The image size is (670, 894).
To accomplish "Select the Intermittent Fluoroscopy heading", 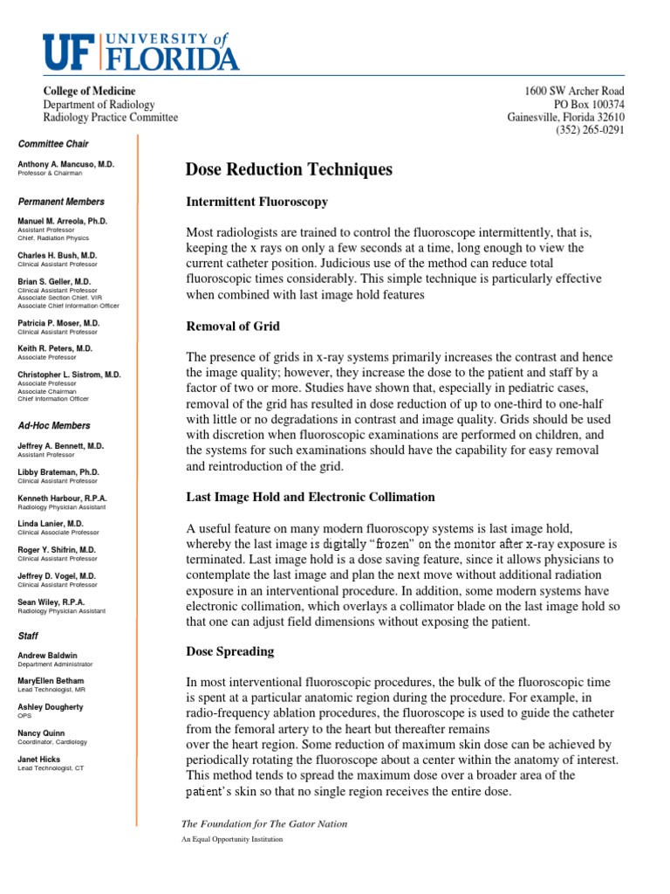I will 257,202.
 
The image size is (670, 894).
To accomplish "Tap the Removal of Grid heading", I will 233,327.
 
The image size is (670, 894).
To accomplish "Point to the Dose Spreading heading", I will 230,651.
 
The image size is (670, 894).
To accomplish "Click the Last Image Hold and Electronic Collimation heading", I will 311,497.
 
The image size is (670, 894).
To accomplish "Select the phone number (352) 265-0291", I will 590,131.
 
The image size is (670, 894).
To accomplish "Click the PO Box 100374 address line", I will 585,105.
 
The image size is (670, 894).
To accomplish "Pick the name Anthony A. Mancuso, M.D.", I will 65,164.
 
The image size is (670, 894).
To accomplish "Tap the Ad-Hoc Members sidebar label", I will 54,426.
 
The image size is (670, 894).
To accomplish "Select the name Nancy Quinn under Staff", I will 41,733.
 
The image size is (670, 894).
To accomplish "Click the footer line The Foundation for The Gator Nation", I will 263,823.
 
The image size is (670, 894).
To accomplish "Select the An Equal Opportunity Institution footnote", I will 231,839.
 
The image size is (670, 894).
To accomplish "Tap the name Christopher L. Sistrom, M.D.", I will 70,374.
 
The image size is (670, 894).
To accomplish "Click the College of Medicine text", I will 90,92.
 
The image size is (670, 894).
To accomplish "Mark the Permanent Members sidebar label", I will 61,202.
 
